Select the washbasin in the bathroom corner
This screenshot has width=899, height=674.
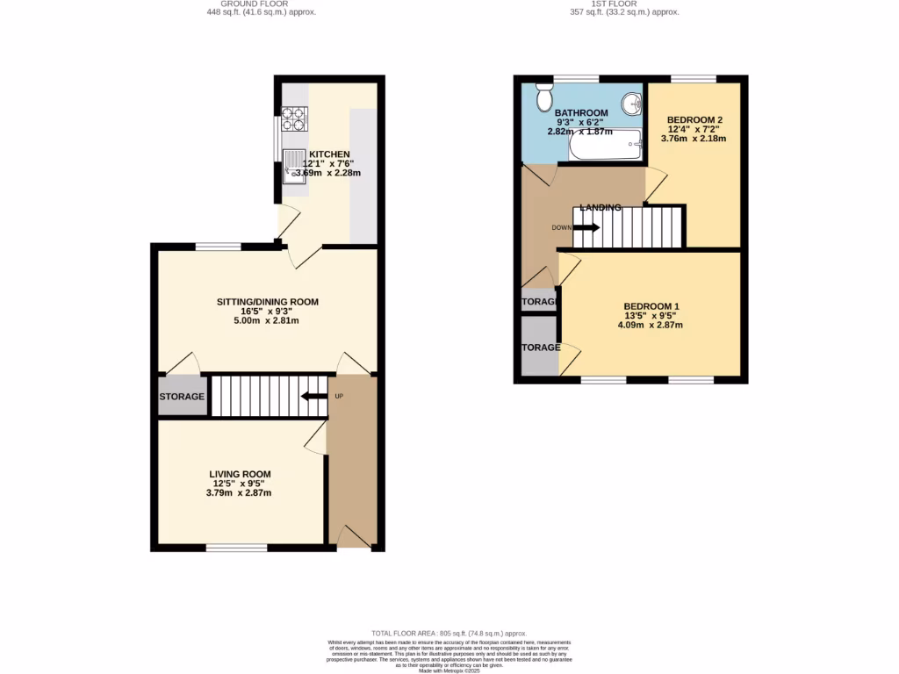click(630, 104)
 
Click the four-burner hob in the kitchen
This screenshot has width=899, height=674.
click(293, 116)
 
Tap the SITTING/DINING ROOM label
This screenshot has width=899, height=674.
click(268, 302)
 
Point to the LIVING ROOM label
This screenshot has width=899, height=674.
click(240, 474)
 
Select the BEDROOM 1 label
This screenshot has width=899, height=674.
click(651, 306)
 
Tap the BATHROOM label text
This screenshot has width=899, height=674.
click(581, 113)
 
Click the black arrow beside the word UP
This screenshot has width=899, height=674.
click(312, 397)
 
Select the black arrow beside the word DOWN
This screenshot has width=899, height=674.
click(588, 227)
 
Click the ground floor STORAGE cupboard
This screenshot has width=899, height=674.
click(183, 397)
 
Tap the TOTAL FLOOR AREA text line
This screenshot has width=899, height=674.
click(449, 633)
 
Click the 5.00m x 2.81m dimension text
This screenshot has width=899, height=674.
click(268, 320)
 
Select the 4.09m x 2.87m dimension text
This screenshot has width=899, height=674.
click(651, 325)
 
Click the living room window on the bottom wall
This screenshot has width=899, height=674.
click(236, 549)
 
